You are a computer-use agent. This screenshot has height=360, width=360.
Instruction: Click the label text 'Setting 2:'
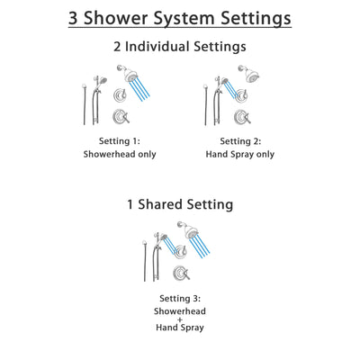tap(240, 141)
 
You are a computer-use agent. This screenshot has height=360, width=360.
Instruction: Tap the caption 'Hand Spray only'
tap(240, 154)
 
